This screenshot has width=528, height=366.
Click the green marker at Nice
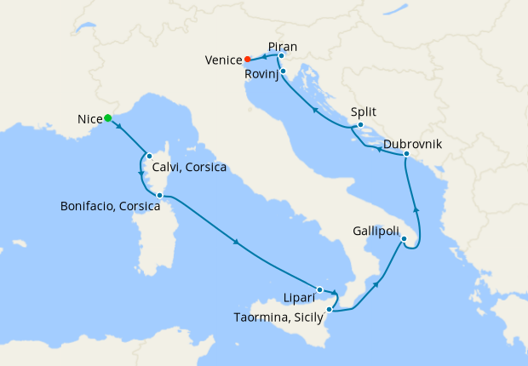pyautogui.click(x=108, y=118)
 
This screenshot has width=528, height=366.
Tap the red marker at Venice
pyautogui.click(x=248, y=60)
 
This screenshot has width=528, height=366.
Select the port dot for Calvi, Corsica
pyautogui.click(x=149, y=156)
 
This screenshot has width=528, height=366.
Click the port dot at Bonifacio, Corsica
pyautogui.click(x=159, y=196)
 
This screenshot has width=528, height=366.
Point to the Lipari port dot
pyautogui.click(x=320, y=289)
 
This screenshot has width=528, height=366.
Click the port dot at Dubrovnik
pyautogui.click(x=406, y=154)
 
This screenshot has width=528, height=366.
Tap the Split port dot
pyautogui.click(x=361, y=126)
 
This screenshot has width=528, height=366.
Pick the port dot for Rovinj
pyautogui.click(x=282, y=71)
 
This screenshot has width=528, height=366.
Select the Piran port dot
pyautogui.click(x=282, y=55)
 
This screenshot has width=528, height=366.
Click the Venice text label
pyautogui.click(x=224, y=60)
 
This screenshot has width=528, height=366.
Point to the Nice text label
pyautogui.click(x=89, y=120)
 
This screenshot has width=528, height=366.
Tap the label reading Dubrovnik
pyautogui.click(x=412, y=143)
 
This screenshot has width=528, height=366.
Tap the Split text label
pyautogui.click(x=363, y=112)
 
